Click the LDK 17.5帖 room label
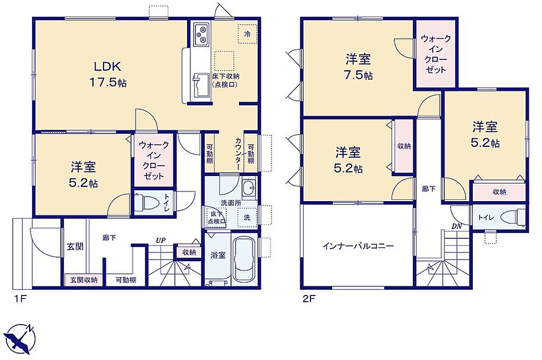(107, 74)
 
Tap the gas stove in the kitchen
(201, 34)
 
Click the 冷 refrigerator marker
(247, 34)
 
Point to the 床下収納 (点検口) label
(225, 80)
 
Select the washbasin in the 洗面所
(249, 189)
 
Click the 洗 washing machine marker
(247, 218)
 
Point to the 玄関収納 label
(83, 280)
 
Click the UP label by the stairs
(161, 240)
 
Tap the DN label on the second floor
(456, 226)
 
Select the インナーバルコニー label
(358, 246)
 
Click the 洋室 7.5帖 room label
(358, 67)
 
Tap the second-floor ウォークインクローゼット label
(436, 54)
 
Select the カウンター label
(238, 154)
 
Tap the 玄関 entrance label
(75, 247)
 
